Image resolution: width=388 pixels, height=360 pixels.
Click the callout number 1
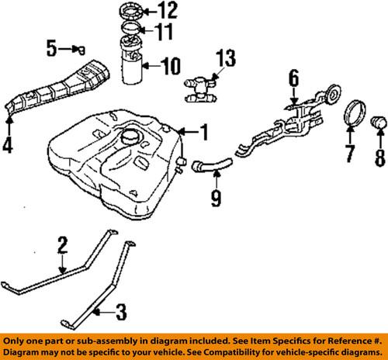click(205, 133)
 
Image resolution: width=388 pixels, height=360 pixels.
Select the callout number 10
click(172, 66)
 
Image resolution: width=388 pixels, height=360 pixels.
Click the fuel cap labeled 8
click(379, 123)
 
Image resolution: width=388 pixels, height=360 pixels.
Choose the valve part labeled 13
click(199, 85)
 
